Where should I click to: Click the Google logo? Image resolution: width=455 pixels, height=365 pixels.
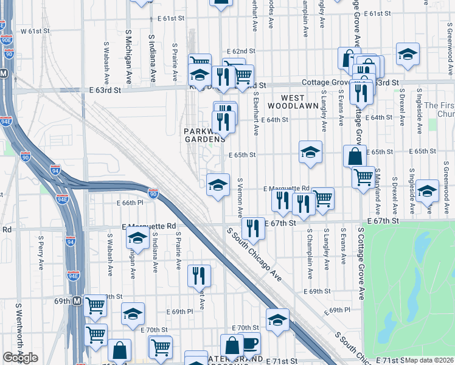[x=20, y=358]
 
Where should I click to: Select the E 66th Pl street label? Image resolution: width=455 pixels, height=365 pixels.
[x=128, y=203]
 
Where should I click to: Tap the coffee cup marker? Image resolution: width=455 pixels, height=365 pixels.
[x=250, y=343]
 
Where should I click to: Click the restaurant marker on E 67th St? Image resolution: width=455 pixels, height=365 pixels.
[x=253, y=228]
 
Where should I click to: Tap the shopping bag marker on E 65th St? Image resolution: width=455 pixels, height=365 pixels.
[x=355, y=156]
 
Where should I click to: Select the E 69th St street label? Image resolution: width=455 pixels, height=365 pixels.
[x=319, y=291]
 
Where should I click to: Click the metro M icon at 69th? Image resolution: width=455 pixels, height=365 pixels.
[x=77, y=301]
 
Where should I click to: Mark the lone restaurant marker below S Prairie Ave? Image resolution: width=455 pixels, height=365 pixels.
[x=199, y=275]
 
